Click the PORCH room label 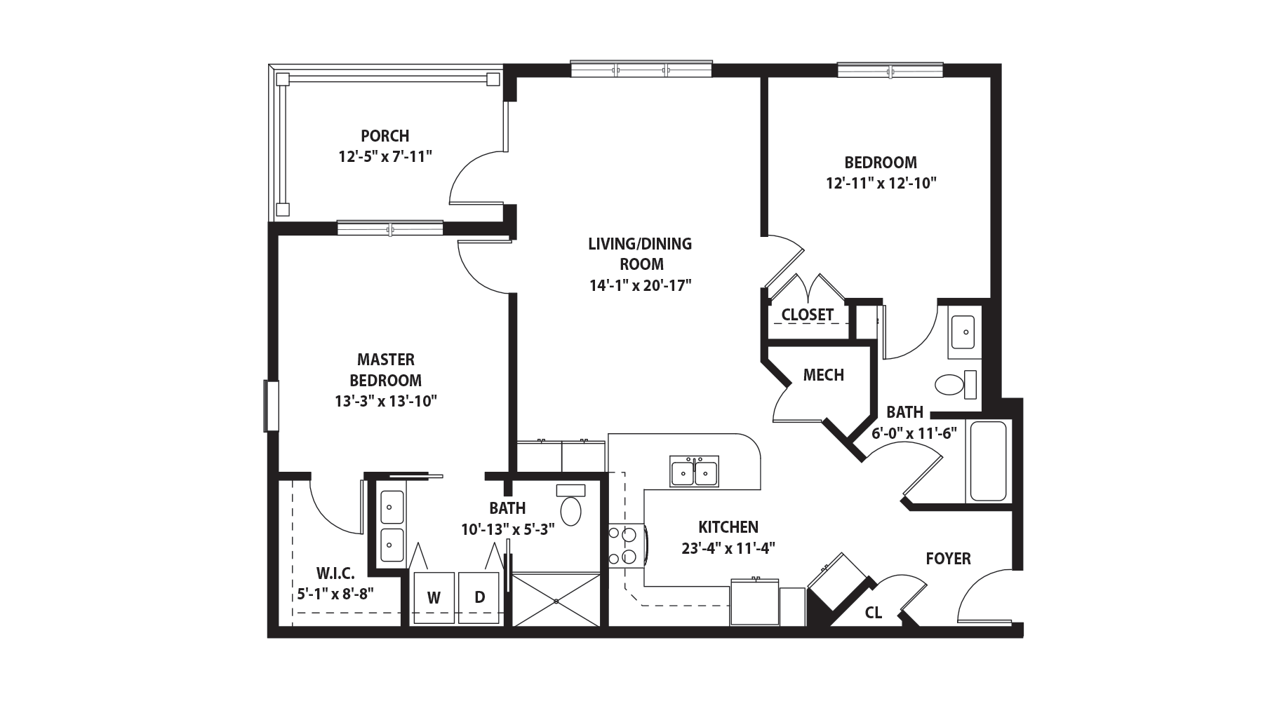(385, 135)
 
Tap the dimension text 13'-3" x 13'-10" (386, 402)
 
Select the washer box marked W (434, 598)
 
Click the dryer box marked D (479, 598)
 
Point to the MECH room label (823, 375)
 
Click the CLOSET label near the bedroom (808, 315)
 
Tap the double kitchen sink (694, 472)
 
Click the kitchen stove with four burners (624, 546)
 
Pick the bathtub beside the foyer (988, 461)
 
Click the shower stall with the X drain (556, 600)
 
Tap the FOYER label (948, 559)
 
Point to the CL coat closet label (873, 613)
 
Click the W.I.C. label (335, 573)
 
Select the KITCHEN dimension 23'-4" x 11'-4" (728, 548)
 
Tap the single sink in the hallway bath (962, 332)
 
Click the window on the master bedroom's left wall (272, 406)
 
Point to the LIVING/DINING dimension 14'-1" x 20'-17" (640, 285)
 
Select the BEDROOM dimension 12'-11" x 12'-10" (881, 184)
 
